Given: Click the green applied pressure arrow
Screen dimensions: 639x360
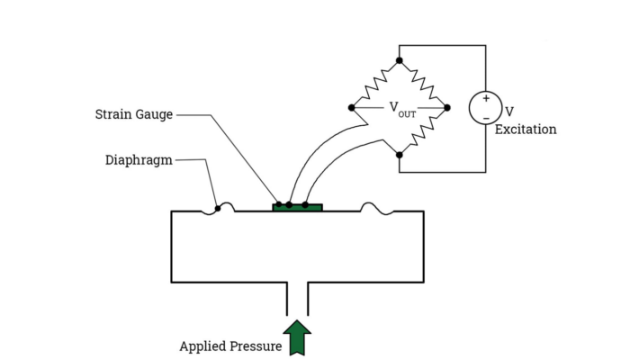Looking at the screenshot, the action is pos(297,337).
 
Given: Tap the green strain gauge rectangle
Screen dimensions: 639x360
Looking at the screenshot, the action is pos(298,208).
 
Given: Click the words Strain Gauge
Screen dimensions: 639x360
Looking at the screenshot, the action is pos(134,114).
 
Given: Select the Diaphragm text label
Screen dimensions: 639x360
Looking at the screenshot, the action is pos(139,160).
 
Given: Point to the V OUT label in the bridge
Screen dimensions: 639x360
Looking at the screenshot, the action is pos(402,108).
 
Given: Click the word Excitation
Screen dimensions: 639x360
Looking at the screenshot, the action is pos(526,130).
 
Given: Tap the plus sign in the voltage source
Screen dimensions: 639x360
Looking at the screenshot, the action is pos(486,98).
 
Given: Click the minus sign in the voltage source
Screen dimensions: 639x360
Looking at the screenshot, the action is pos(486,118).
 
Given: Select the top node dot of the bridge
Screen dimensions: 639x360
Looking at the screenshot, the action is pos(400,60).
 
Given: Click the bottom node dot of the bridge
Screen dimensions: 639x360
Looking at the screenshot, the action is pos(400,155).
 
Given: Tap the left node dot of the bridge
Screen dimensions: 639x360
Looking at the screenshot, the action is pos(352,108).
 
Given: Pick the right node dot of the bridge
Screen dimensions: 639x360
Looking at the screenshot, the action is pos(447,108).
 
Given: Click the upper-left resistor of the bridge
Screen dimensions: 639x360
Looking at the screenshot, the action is pos(375,84).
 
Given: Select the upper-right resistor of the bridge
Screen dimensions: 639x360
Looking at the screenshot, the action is pos(423,84).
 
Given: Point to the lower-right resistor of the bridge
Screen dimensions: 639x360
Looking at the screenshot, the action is pos(423,131).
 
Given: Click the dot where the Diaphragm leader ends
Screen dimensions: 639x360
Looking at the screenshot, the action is pos(218,208).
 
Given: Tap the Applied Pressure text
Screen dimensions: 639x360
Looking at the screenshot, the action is pos(230,346).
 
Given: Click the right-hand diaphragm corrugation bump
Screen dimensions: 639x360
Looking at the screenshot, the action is pos(377,208).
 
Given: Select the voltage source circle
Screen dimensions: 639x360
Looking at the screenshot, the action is pos(486,108).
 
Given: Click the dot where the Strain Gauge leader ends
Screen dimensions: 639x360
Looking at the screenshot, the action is pos(279,204).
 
